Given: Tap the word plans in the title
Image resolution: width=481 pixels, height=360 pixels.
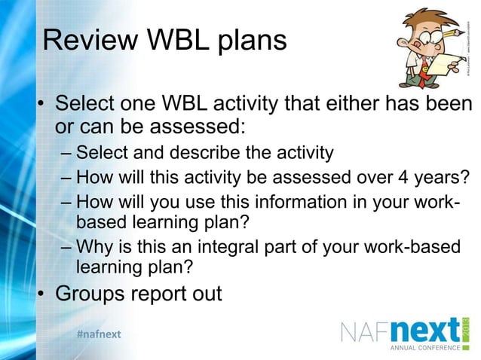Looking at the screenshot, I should click(x=251, y=42).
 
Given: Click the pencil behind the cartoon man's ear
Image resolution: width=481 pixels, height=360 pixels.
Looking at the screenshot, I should click(x=444, y=23).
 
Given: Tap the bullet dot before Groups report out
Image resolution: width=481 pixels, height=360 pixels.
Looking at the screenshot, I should click(x=42, y=294).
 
